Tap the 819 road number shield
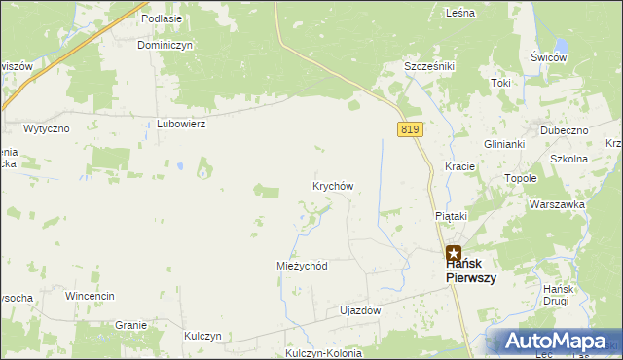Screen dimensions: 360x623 [x=409, y=129]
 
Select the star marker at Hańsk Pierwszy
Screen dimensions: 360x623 [x=454, y=252]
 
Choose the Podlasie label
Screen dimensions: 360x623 [x=161, y=18]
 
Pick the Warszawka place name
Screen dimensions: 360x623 [x=556, y=204]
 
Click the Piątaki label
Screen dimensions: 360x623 [x=451, y=216]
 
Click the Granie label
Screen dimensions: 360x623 [x=130, y=325]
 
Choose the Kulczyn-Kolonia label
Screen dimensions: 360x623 [x=324, y=352]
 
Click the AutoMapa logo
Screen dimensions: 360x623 [x=555, y=342]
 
